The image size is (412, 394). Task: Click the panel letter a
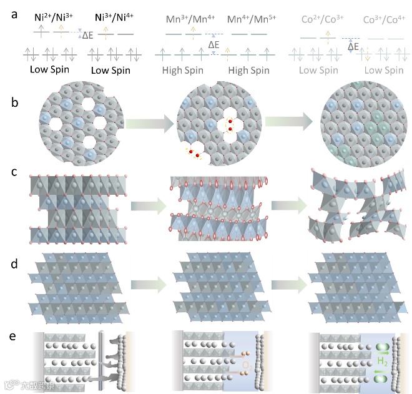coord(14,13)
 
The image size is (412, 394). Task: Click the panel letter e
coord(14,337)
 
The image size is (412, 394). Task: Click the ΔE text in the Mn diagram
coord(214,45)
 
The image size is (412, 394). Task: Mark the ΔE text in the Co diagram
coord(353,46)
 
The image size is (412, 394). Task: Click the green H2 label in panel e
coord(383,361)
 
